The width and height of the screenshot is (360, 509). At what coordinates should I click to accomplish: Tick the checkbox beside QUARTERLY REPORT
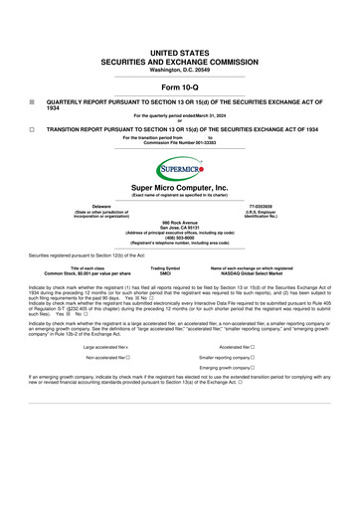(x=32, y=102)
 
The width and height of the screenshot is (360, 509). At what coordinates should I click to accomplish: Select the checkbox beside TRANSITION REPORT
(x=32, y=130)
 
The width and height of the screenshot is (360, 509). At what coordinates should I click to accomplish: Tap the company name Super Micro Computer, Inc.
(x=179, y=186)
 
